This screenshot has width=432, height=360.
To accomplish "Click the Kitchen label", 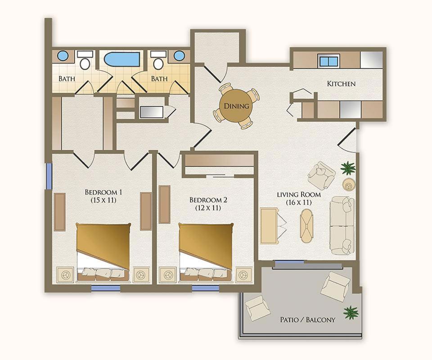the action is tap(341, 83).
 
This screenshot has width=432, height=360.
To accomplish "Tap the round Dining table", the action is tap(236, 106).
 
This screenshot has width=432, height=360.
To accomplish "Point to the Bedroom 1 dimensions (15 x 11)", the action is tap(103, 200).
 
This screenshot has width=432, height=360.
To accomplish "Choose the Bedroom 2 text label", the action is tap(208, 200).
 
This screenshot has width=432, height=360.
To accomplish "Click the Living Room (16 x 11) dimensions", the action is tap(299, 202).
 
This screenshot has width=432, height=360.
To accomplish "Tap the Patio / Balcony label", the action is tap(307, 320).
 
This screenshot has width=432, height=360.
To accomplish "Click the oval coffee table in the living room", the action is tap(307, 225).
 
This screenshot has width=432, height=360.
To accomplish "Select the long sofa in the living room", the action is tap(342, 225).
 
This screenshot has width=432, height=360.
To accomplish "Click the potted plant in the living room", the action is tap(348, 168).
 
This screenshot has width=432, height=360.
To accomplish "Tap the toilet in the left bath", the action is tap(85, 61).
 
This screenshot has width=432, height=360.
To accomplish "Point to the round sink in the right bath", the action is tap(179, 56).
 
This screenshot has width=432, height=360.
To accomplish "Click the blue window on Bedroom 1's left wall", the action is tap(49, 176).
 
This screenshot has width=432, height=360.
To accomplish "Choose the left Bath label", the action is tap(67, 79).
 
